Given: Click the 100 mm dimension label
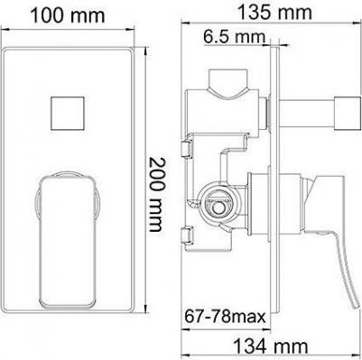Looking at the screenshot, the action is (68, 15).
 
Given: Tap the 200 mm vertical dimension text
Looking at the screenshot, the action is (157, 194).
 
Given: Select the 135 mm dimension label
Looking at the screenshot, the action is (274, 13).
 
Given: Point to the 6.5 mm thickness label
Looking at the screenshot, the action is (234, 37).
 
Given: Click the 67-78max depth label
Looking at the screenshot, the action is (225, 317).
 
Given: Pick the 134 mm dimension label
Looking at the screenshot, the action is (271, 346).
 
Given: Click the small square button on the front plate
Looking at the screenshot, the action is (68, 114).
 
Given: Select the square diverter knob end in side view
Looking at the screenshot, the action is (348, 113).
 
